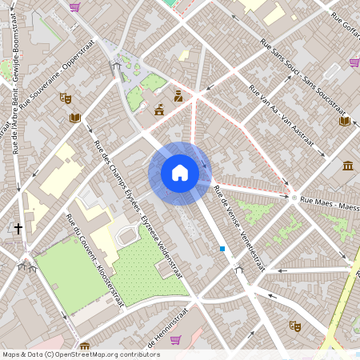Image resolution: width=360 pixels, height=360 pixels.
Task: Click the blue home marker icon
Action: pos(180,173)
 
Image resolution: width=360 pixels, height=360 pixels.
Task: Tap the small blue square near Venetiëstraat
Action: pos(222,249)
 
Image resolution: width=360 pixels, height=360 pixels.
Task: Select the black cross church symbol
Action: pos(18,229)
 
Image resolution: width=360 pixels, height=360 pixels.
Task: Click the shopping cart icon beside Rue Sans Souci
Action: pos(354,62)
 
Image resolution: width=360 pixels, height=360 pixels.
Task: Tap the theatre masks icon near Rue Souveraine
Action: pos(66,98)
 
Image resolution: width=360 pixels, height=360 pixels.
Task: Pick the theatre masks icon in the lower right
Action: pos(294,326)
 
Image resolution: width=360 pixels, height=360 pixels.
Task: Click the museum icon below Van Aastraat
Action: pos(348,166)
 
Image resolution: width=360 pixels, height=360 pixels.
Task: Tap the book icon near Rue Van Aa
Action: pos(344,121)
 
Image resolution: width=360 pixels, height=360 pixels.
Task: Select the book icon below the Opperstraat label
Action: pos(75,118)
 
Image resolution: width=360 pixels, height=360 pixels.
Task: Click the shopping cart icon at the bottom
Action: pos(175,339)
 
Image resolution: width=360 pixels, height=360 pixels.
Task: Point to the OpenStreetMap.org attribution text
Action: pos(107,354)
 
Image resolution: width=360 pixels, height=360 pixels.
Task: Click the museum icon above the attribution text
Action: pos(85,346)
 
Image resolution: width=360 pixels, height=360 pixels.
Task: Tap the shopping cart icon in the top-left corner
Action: pos(74,7)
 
